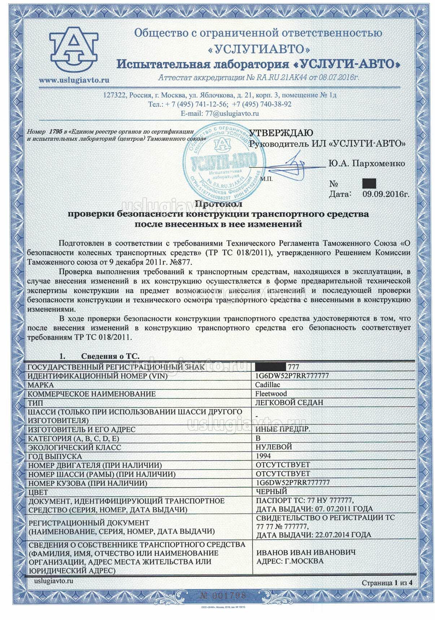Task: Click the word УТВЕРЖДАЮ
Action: (x=282, y=132)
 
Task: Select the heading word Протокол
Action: (x=219, y=204)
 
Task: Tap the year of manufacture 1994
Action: (x=263, y=456)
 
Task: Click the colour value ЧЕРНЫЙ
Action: (x=271, y=491)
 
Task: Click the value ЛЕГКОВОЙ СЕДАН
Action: (x=289, y=402)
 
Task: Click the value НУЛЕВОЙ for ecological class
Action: (x=274, y=447)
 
